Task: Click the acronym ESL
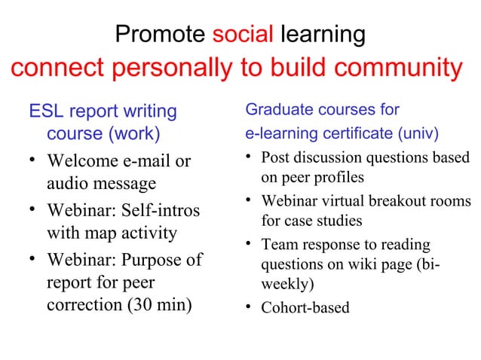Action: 46,112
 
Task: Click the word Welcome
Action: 84,162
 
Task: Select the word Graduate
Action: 278,111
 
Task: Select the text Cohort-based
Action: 305,308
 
